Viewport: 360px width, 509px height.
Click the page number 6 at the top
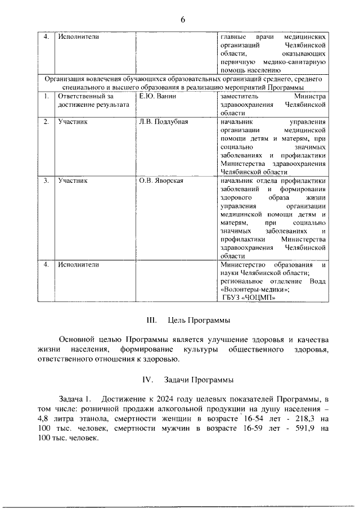(x=183, y=20)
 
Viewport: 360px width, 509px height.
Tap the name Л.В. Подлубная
(x=163, y=121)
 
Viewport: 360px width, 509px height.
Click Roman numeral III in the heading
(x=151, y=321)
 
